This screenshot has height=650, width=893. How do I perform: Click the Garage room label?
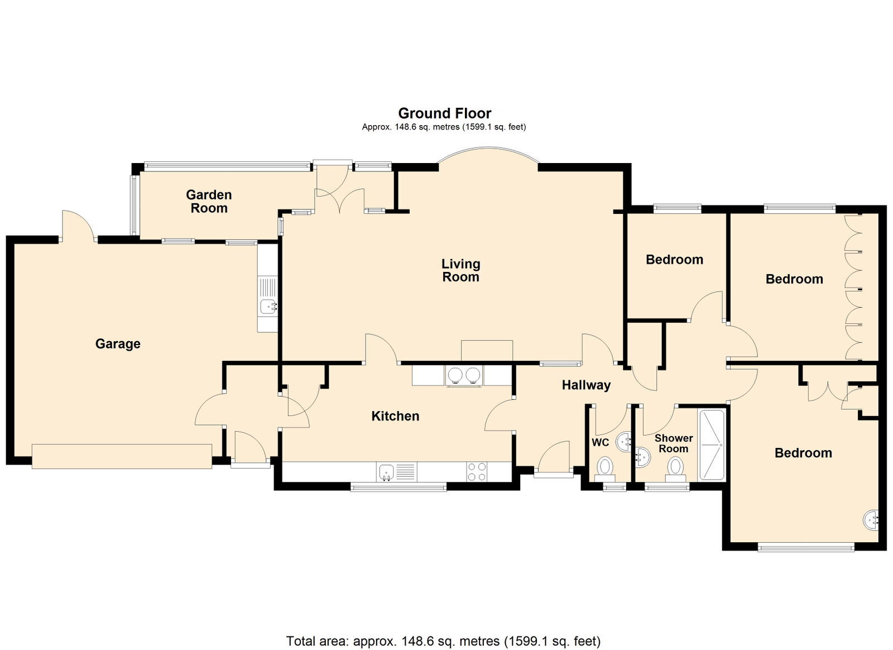pyautogui.click(x=118, y=344)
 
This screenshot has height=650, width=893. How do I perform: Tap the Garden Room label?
pyautogui.click(x=209, y=202)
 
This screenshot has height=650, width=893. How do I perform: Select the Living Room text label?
pyautogui.click(x=461, y=270)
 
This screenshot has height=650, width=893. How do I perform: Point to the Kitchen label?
pyautogui.click(x=395, y=417)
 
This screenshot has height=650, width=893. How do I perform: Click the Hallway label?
pyautogui.click(x=586, y=385)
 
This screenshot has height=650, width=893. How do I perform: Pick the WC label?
pyautogui.click(x=601, y=442)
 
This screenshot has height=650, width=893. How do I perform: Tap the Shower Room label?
pyautogui.click(x=673, y=443)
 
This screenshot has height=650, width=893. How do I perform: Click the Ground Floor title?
pyautogui.click(x=444, y=113)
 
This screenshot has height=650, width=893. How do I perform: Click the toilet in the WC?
pyautogui.click(x=605, y=469)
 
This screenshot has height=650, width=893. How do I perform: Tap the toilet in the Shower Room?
pyautogui.click(x=675, y=469)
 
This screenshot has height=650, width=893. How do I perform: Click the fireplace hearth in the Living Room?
pyautogui.click(x=487, y=351)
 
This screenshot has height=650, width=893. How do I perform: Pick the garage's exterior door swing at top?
pyautogui.click(x=78, y=226)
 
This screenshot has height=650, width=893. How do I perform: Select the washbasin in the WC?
pyautogui.click(x=623, y=442)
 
